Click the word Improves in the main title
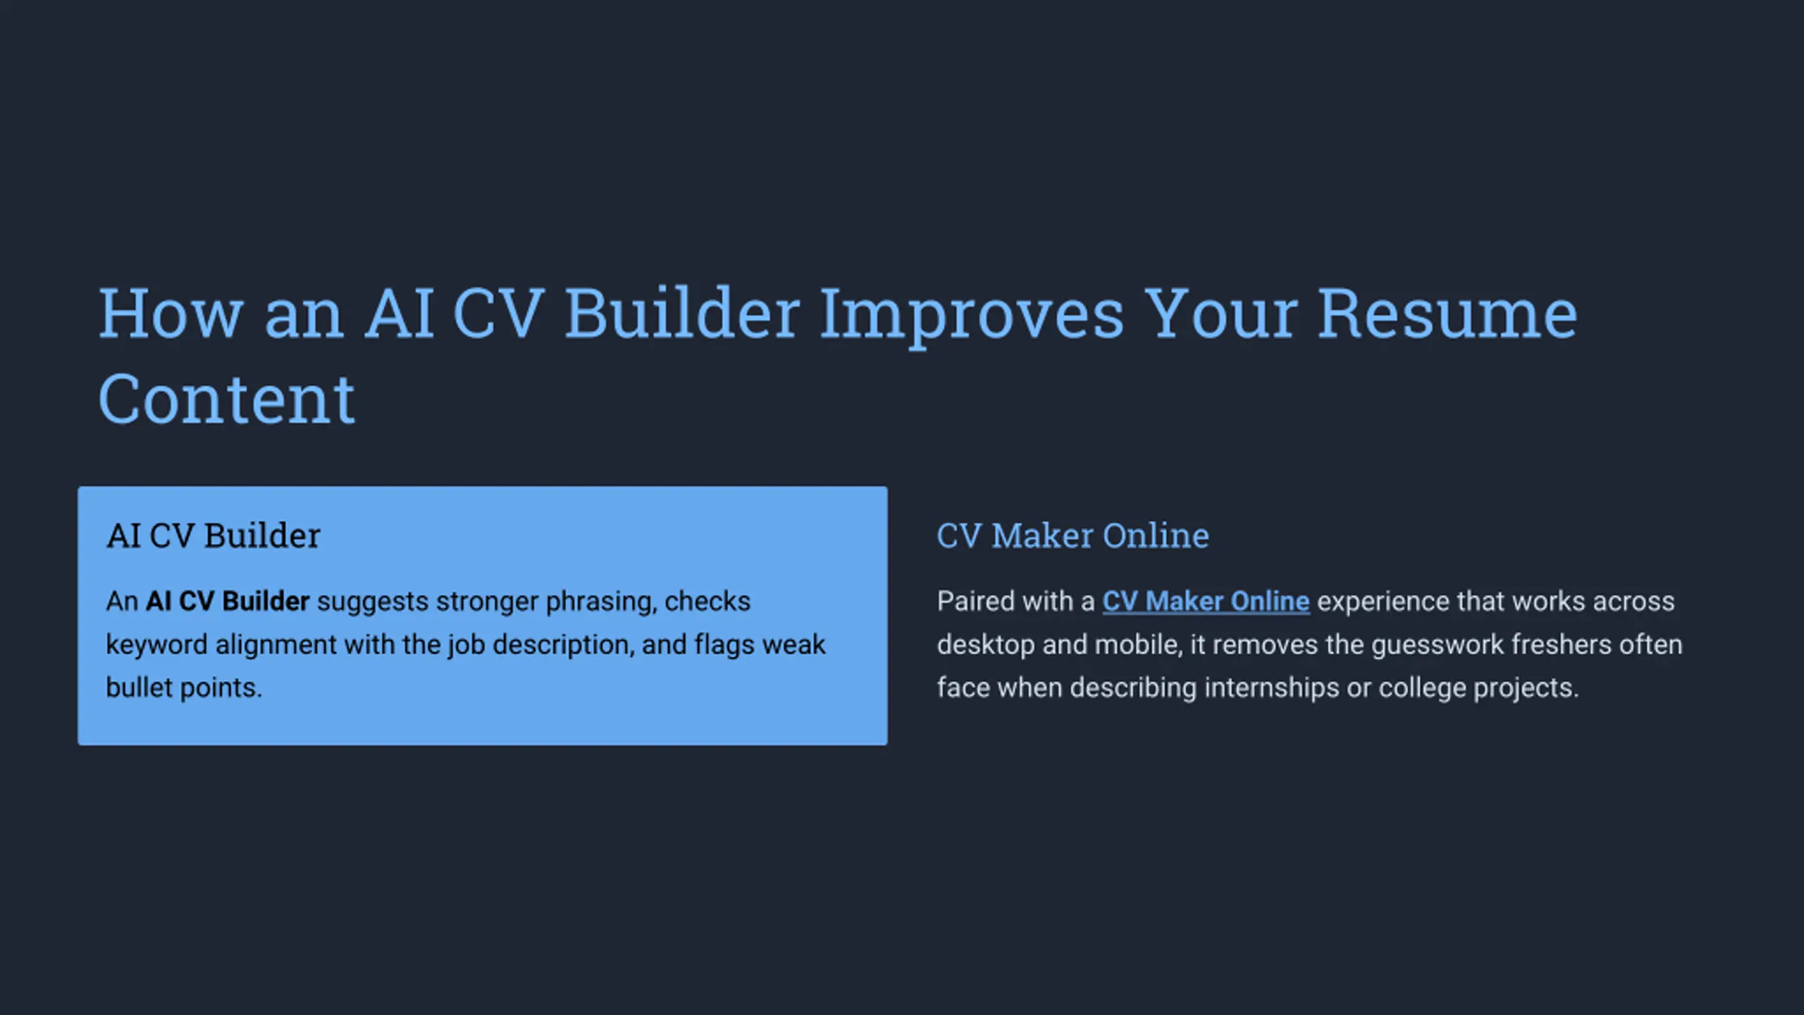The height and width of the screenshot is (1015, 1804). [972, 316]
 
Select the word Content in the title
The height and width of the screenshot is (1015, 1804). [226, 399]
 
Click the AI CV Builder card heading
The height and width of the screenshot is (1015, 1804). [214, 536]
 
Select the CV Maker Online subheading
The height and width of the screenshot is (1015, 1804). [1073, 536]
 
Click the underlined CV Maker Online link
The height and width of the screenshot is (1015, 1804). [1206, 602]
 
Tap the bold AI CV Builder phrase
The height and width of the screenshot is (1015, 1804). [228, 601]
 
